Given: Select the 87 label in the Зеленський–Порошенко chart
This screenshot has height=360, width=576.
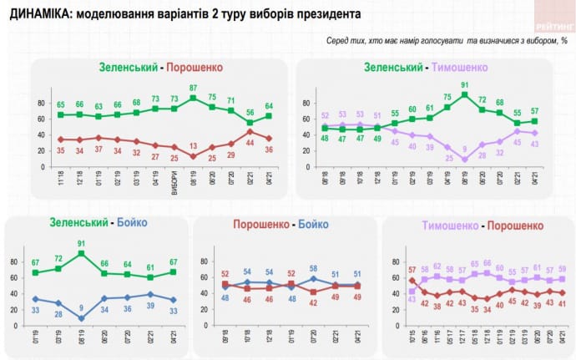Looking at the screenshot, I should click(x=195, y=88).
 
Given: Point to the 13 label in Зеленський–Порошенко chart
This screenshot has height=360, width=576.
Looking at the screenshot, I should click(x=195, y=145).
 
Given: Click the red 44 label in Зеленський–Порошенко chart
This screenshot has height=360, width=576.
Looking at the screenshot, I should click(x=250, y=142).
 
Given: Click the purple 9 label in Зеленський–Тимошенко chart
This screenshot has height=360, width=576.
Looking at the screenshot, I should click(x=465, y=149).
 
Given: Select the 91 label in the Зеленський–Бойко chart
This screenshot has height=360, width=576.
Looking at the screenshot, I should click(x=80, y=244).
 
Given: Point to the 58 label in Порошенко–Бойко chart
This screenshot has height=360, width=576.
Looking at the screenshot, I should click(x=313, y=268).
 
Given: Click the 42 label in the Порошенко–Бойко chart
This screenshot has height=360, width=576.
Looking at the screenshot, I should click(x=313, y=302).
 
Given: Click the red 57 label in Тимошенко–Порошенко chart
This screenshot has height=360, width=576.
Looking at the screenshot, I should click(x=411, y=270).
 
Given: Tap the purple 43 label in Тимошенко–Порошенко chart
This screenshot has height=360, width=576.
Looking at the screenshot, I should click(x=411, y=301).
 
